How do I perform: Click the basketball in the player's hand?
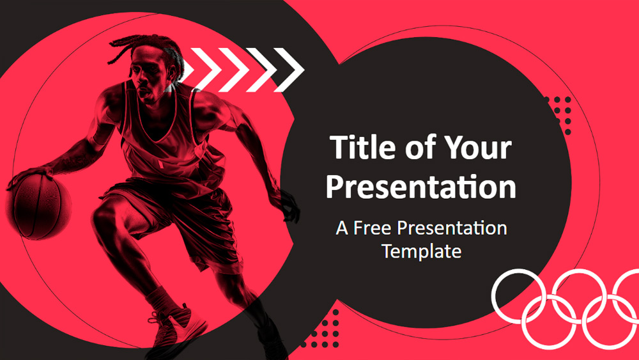pos(39,207)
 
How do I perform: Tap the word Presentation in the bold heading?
pos(421,186)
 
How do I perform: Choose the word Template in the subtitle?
pos(422,251)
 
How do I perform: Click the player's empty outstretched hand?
pos(290,208)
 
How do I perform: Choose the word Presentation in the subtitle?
pos(452,228)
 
